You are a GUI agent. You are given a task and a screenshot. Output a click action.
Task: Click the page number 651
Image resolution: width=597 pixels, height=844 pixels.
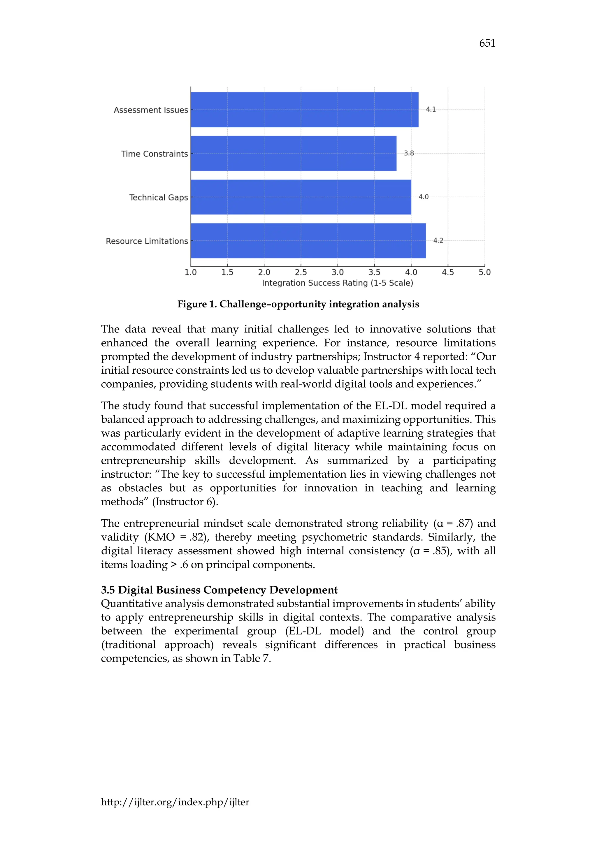click(x=487, y=43)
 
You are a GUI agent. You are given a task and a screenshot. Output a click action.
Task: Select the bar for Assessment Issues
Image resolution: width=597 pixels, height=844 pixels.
click(x=304, y=110)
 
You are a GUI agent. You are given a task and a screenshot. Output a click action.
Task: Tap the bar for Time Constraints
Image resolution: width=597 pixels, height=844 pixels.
click(x=293, y=153)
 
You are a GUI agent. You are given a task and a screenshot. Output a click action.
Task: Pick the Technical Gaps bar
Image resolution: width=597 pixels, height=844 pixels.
click(x=301, y=197)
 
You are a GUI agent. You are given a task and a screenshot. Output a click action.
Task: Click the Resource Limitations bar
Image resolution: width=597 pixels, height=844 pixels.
click(x=308, y=241)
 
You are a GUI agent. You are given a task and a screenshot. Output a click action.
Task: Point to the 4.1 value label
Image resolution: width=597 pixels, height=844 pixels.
click(x=431, y=109)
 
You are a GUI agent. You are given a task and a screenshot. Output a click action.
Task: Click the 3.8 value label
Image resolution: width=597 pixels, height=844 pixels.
click(x=409, y=153)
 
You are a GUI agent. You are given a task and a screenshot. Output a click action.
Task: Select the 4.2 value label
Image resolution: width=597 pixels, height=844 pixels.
click(x=438, y=240)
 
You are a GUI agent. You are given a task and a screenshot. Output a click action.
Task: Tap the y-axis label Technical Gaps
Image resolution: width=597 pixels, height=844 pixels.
click(x=159, y=197)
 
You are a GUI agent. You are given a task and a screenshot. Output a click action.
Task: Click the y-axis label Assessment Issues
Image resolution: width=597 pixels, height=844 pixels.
click(x=151, y=110)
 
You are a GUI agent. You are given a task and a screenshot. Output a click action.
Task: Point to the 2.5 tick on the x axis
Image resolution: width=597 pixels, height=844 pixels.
click(x=301, y=272)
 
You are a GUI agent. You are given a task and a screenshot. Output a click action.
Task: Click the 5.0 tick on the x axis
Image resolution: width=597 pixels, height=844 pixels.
click(x=484, y=272)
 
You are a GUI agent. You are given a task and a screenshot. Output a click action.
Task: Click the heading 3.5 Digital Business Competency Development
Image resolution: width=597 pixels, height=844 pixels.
click(x=219, y=590)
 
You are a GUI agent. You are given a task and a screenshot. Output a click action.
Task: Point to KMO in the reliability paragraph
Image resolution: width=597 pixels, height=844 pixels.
click(x=161, y=537)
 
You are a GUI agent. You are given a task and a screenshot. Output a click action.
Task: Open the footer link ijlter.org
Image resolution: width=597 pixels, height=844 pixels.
click(x=175, y=802)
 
